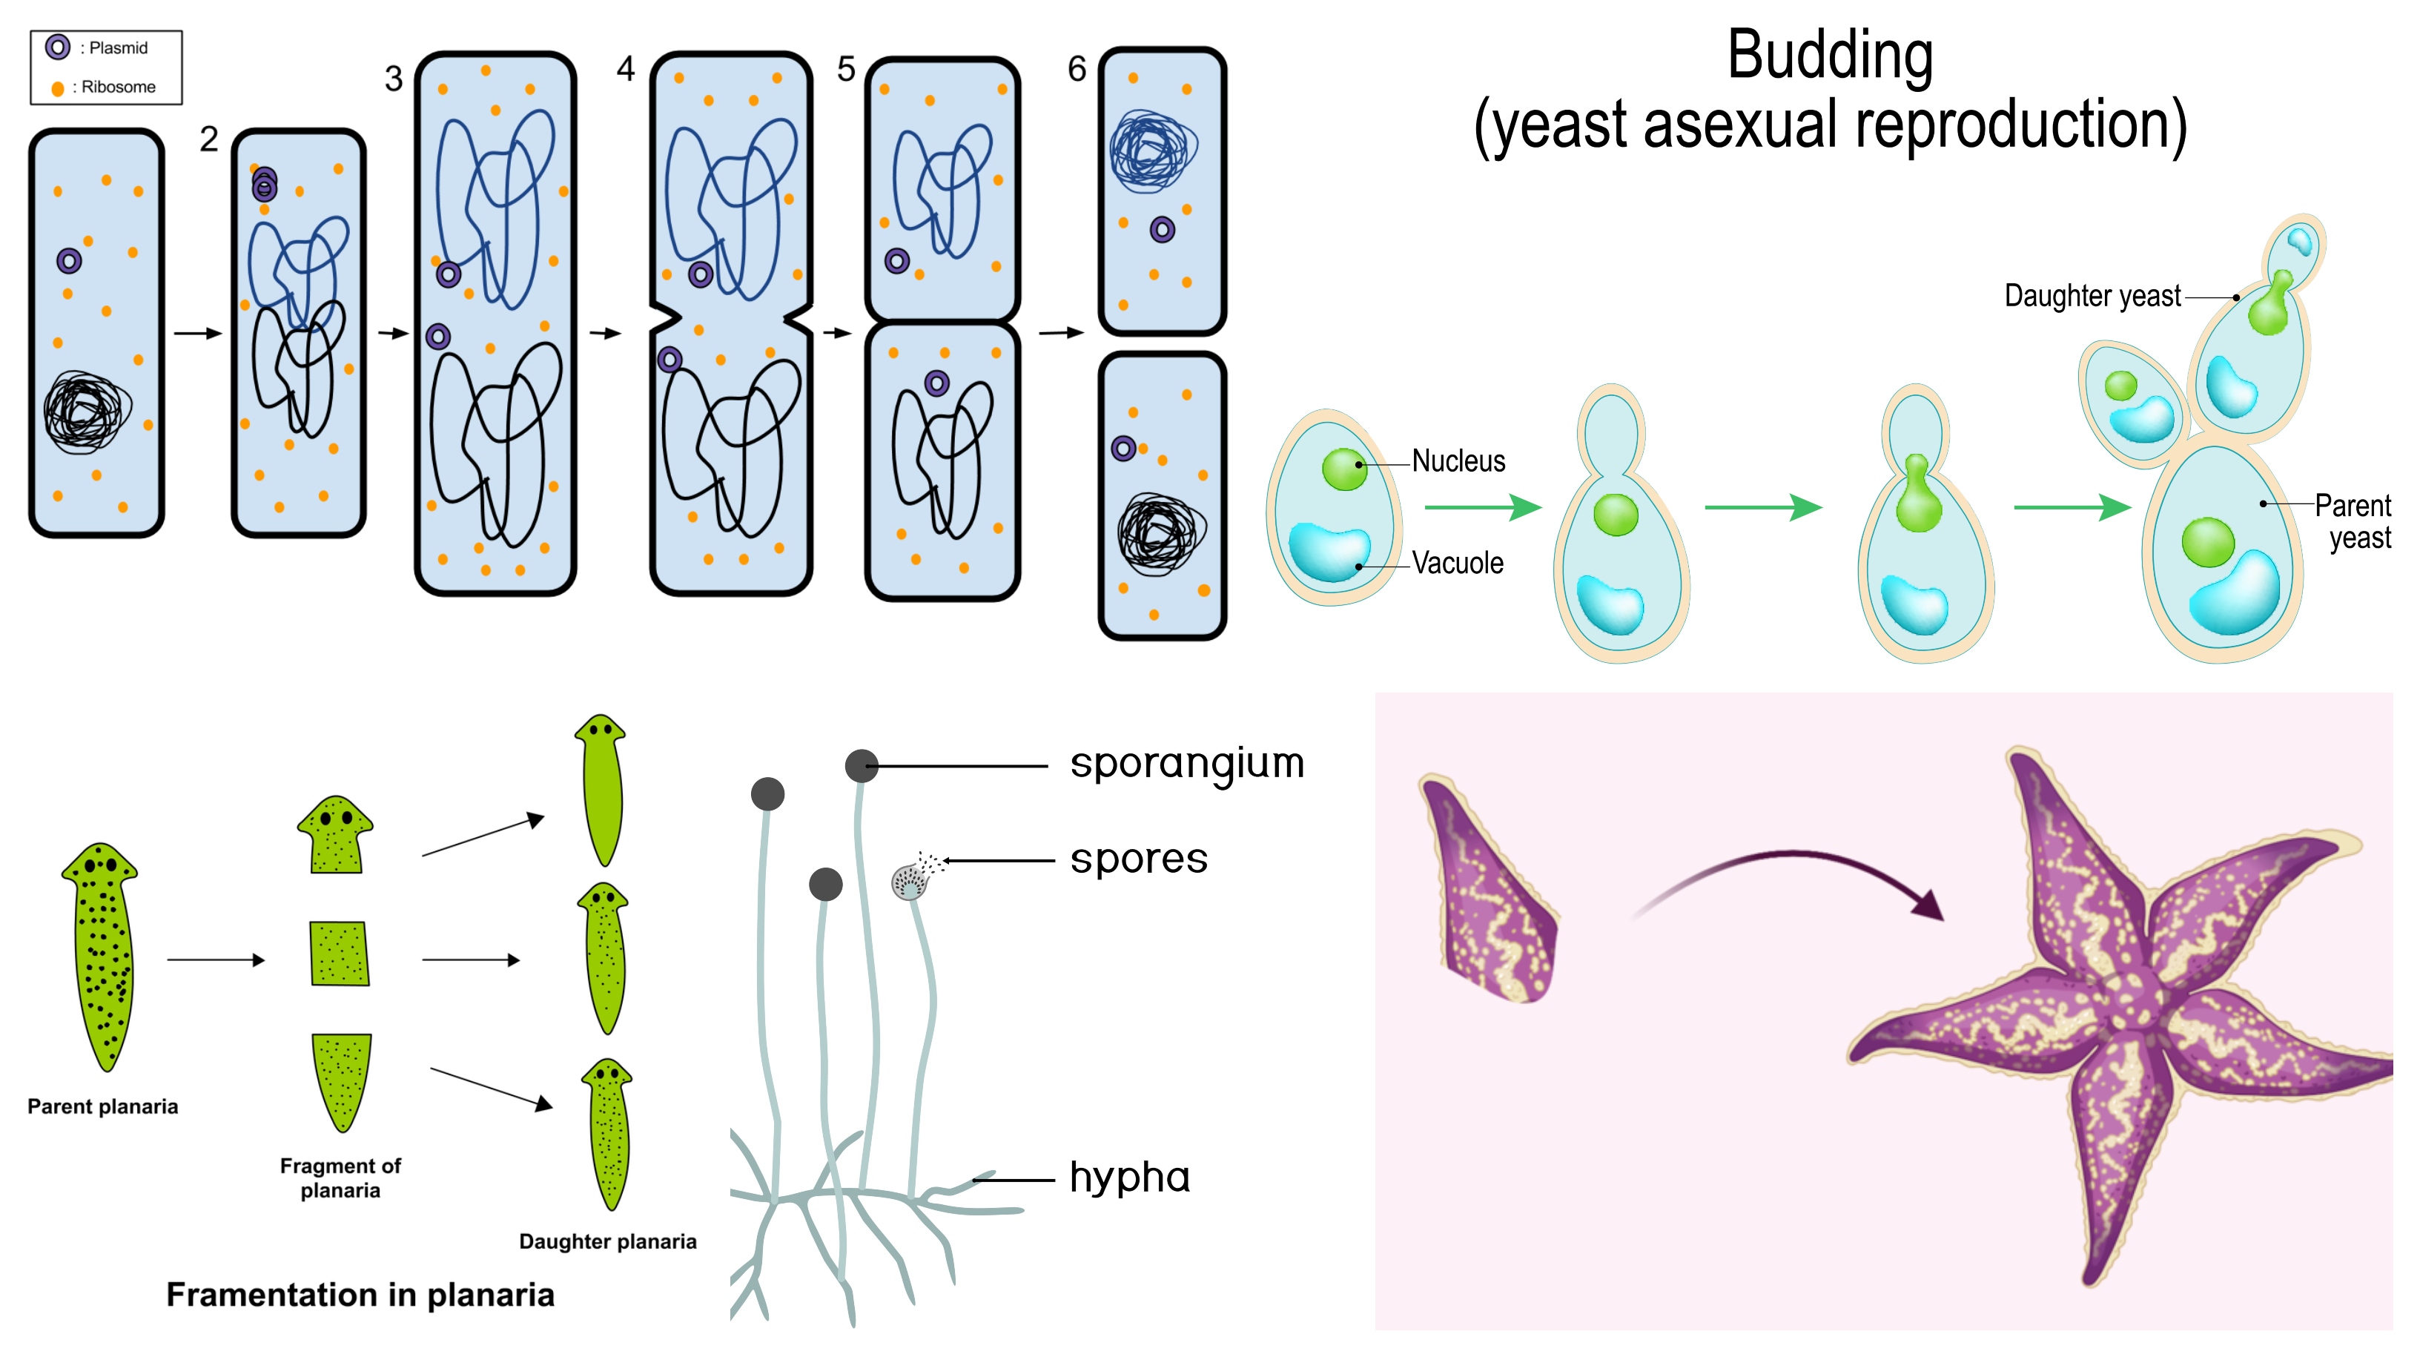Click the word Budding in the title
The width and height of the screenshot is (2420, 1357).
1829,56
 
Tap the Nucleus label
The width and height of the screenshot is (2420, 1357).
1458,461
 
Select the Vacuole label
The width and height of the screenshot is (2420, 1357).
1457,563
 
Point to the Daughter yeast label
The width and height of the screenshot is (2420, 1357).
2092,296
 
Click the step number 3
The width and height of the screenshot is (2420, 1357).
394,79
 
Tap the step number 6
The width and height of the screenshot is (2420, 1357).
1077,69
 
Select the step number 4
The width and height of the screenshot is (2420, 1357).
626,69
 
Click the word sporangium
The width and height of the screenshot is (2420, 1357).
1186,764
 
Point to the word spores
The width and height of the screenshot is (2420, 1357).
1139,859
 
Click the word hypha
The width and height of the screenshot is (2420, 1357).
1129,1178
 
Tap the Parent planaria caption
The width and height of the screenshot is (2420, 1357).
102,1106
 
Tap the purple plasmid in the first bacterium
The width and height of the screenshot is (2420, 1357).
68,260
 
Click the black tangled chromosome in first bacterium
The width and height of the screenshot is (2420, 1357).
85,411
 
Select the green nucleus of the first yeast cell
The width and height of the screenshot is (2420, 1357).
1343,468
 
